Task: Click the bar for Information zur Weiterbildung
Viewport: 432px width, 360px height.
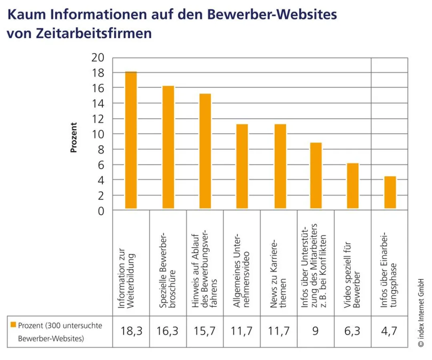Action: pos(131,140)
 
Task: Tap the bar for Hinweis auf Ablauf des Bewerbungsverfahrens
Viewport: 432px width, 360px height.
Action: pos(205,151)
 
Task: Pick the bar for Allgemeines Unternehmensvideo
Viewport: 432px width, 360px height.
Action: pos(242,166)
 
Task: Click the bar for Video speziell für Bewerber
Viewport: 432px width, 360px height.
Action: pos(353,186)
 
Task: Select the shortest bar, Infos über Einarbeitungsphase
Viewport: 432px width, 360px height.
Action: pos(390,192)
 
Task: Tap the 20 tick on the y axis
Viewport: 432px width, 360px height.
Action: pos(99,58)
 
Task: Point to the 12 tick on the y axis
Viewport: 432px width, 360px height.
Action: pos(99,119)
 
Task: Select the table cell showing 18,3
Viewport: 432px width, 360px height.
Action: pos(131,331)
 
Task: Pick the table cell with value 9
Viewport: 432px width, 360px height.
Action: pos(316,331)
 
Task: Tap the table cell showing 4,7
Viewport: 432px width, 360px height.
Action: pos(390,331)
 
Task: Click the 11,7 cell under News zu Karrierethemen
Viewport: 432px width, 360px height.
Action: pos(279,331)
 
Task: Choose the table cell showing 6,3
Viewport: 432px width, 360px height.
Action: pos(353,331)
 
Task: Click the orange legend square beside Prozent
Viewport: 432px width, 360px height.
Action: pos(13,325)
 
